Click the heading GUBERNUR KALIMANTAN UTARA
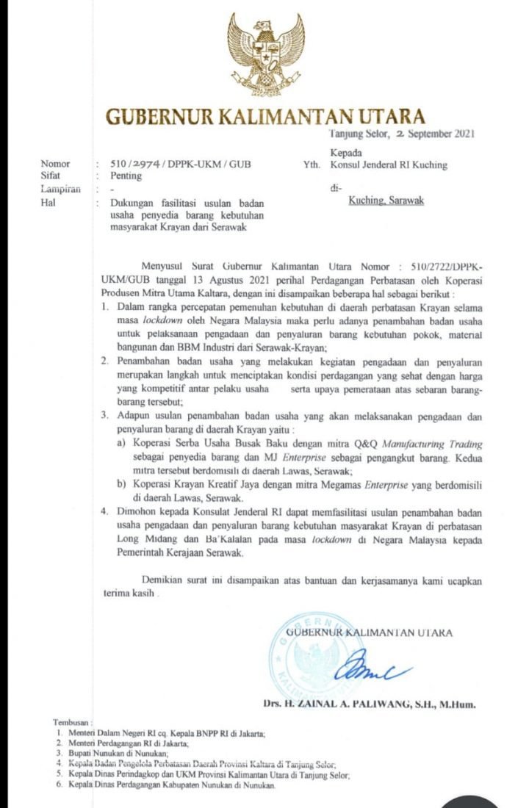(265, 116)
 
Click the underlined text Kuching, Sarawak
(386, 201)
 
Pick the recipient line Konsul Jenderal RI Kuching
(389, 165)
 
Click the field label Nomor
(56, 165)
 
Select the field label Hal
(49, 202)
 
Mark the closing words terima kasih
(129, 594)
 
